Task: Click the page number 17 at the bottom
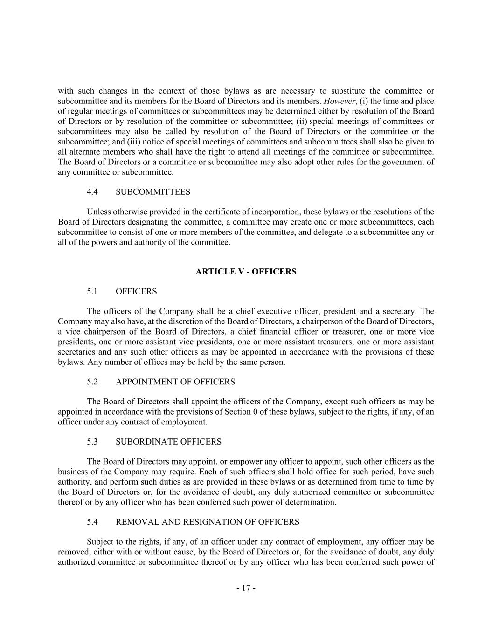point(246,588)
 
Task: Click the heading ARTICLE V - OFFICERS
point(246,272)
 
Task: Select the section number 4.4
point(92,192)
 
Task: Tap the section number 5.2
point(92,382)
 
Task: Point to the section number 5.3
point(92,442)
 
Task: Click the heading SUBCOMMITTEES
point(152,192)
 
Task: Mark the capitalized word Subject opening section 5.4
point(100,542)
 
